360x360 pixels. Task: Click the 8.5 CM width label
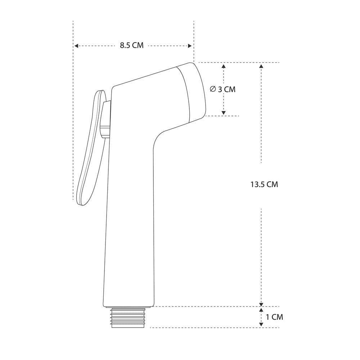[131, 45]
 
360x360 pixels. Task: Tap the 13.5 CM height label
[264, 184]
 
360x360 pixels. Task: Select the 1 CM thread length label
[274, 317]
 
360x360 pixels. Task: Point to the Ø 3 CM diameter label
[223, 89]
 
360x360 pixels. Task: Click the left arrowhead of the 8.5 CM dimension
[76, 46]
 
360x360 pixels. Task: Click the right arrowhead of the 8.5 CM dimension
[190, 46]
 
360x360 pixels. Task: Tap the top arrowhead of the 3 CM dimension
[224, 66]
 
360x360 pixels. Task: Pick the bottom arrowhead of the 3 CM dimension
[224, 113]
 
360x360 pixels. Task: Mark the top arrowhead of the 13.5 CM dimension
[261, 66]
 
